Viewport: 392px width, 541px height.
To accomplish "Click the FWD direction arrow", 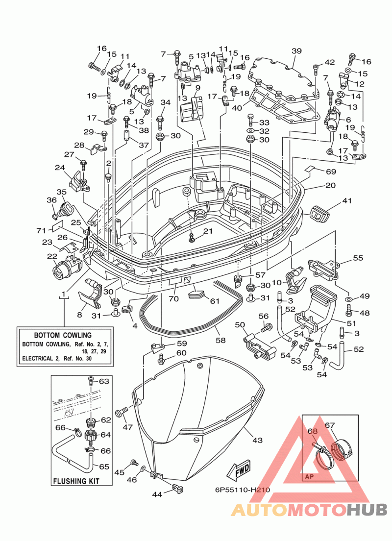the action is click(x=239, y=471).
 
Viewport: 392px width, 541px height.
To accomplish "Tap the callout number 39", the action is click(x=296, y=51).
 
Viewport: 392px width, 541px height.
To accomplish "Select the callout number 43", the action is click(x=257, y=440).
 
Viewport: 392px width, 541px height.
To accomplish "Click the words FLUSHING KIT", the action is click(x=76, y=481).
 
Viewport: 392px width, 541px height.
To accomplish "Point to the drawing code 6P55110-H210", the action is click(x=242, y=489).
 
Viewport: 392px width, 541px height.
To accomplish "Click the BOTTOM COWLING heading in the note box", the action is click(x=63, y=335).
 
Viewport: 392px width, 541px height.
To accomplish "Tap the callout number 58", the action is click(x=220, y=340).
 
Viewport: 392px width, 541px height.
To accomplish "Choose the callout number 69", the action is click(x=331, y=172).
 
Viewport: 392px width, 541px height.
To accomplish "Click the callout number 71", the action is click(x=41, y=230).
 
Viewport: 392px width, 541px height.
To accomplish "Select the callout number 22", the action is click(x=52, y=256).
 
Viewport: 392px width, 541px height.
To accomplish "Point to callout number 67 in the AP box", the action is click(x=330, y=425).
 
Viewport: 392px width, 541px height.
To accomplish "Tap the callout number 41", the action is click(x=347, y=200).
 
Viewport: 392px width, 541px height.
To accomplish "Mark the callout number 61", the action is click(x=215, y=301).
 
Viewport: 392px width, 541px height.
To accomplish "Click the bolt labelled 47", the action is click(x=122, y=412).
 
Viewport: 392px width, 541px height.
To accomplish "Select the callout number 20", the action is click(x=330, y=185).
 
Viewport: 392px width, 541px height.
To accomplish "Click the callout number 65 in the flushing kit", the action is click(x=104, y=467).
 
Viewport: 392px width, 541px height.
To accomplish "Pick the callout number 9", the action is click(x=197, y=88).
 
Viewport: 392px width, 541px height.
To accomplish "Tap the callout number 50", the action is click(x=240, y=325).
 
